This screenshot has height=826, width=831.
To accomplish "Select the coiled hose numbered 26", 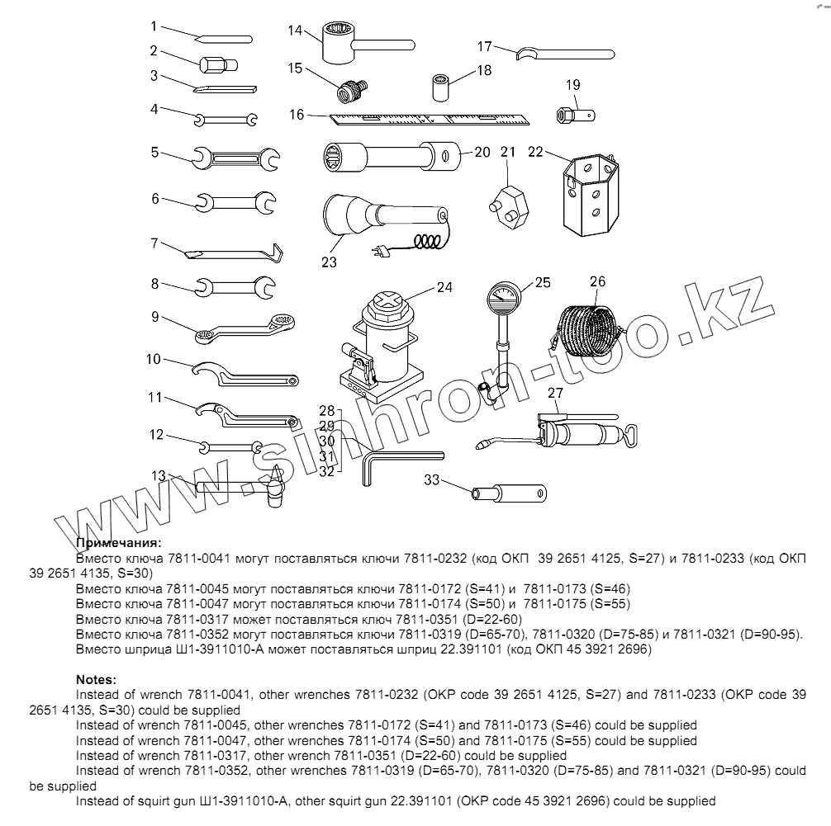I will click(587, 331).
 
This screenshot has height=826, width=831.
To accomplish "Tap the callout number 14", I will click(296, 31).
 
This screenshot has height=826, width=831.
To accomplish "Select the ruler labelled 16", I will click(430, 118).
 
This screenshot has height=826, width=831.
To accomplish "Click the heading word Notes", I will click(98, 680).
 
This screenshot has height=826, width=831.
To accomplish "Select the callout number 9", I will click(154, 315).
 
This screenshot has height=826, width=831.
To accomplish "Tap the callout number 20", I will click(482, 152).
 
